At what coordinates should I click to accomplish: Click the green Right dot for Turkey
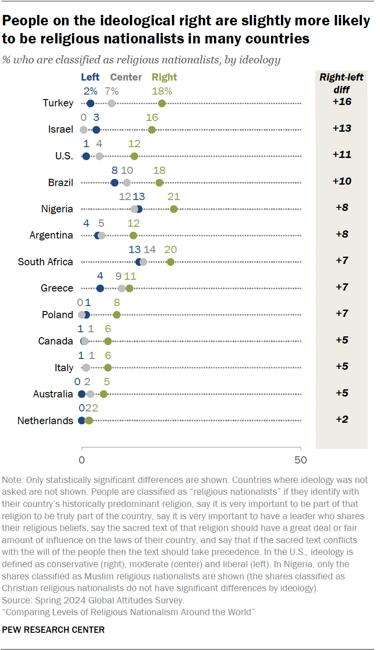162,104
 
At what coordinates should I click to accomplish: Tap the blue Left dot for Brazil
114,183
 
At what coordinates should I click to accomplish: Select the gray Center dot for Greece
122,288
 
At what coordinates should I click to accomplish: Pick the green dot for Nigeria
174,209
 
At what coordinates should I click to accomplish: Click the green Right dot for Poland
117,315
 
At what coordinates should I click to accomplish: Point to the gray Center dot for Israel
83,130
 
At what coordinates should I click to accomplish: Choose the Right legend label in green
165,77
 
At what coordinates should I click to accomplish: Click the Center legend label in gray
126,77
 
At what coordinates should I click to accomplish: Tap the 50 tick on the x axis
300,460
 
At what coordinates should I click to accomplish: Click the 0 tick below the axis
82,460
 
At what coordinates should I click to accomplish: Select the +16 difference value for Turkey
342,102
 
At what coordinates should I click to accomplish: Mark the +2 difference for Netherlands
342,419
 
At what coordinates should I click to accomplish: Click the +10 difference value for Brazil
342,181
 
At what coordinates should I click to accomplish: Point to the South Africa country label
45,262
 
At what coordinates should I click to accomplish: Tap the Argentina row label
51,235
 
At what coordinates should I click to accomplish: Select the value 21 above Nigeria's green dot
174,197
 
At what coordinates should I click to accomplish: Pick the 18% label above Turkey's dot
162,91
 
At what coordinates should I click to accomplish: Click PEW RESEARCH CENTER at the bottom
53,630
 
